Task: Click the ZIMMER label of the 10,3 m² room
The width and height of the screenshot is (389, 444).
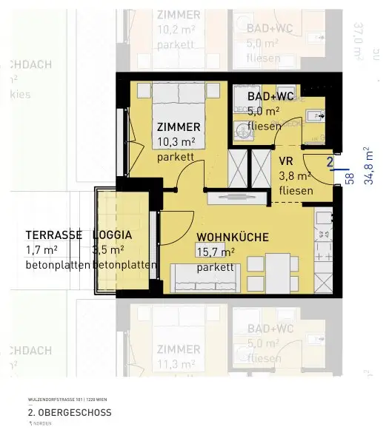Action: tap(179, 127)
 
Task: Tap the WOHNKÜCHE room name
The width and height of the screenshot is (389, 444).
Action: tap(232, 238)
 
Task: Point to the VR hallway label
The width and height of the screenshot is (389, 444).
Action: tap(287, 161)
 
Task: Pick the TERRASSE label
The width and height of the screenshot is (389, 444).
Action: tap(53, 235)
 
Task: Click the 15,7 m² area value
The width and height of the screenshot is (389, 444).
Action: tap(216, 252)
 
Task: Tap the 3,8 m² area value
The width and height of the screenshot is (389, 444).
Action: tap(295, 176)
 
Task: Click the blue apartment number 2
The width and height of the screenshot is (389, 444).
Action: tap(329, 161)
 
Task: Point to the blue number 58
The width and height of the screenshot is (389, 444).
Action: tap(350, 178)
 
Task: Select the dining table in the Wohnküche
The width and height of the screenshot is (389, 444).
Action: tap(277, 271)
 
